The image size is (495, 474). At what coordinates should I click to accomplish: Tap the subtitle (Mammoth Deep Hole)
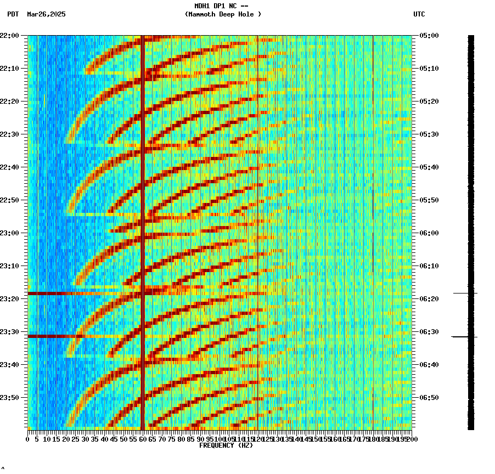223,14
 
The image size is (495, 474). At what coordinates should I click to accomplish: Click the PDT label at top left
13,14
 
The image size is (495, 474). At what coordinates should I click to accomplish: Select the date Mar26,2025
46,14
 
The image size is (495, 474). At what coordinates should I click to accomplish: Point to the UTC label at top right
419,14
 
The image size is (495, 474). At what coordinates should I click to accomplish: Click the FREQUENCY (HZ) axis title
226,445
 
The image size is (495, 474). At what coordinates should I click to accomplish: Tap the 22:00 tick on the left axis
10,36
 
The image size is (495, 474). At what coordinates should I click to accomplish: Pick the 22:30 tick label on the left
10,134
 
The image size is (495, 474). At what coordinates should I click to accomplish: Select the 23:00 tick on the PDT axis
10,233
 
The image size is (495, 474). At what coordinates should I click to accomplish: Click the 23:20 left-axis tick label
10,299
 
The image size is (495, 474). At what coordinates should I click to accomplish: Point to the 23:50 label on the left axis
10,398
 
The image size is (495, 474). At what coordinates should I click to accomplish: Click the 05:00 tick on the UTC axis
429,36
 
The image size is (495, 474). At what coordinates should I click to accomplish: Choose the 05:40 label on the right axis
429,167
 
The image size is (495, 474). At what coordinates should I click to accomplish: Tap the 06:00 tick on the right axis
429,233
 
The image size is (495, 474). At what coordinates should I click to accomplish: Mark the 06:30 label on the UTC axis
429,332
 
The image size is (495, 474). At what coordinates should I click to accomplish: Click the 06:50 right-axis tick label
429,398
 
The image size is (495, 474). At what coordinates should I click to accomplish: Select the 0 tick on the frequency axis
28,439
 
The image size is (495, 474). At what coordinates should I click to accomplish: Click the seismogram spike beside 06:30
464,336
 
